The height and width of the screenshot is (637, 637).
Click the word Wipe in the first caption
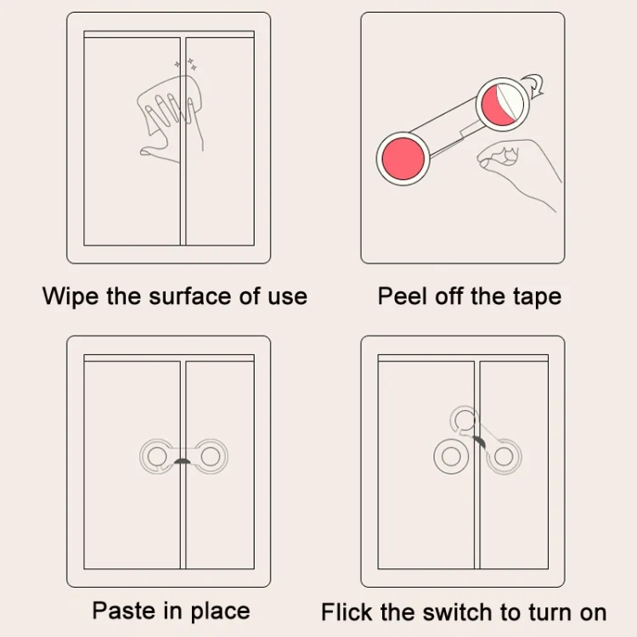point(70,296)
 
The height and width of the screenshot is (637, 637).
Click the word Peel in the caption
point(403,296)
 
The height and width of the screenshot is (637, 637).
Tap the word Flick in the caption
point(347,612)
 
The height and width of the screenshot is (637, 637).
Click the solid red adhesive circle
point(403,159)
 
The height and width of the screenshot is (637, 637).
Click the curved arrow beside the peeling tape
point(534,84)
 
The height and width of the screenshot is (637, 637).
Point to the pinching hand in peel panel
point(519,171)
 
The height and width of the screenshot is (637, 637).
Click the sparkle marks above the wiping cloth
point(186,65)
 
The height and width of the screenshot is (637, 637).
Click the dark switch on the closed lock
point(183,460)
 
